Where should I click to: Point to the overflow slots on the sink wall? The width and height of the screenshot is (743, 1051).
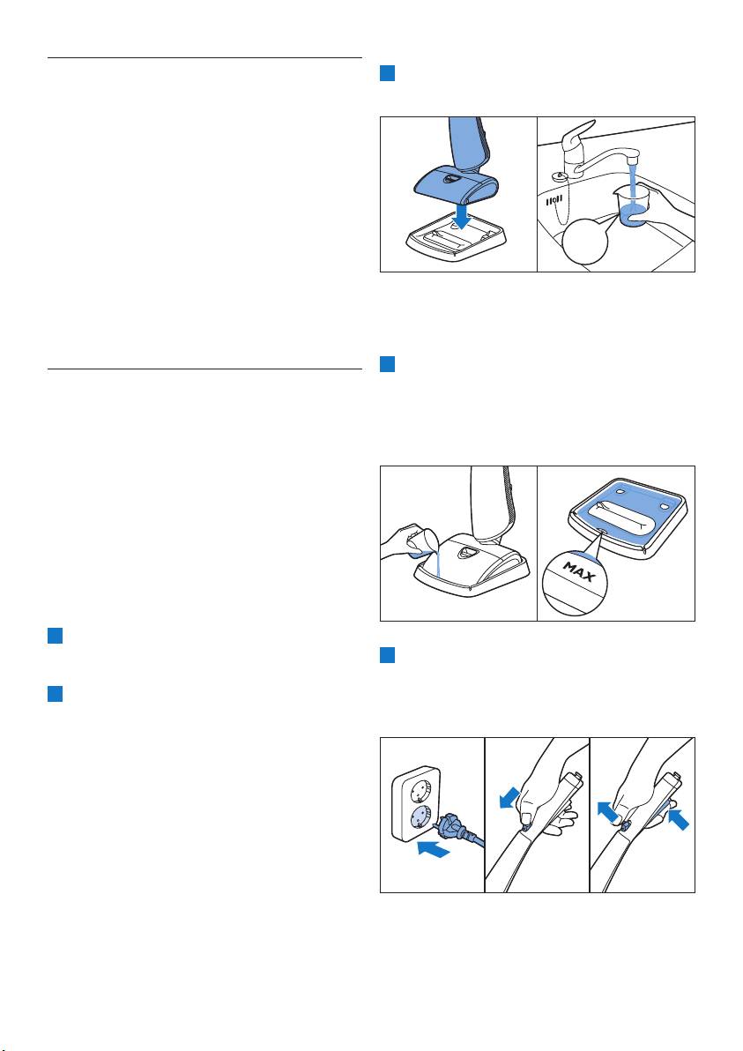pos(554,200)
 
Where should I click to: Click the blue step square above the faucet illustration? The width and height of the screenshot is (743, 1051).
pos(388,73)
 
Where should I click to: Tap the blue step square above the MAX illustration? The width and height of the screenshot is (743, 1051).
pos(388,364)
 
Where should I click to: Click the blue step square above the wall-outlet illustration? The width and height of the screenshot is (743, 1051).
pos(388,655)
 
